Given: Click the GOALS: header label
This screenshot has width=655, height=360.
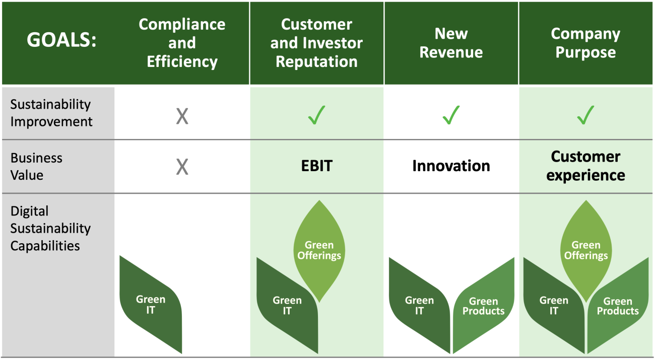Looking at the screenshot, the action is click(x=61, y=40).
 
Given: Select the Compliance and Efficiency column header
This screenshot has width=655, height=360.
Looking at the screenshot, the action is click(x=182, y=43).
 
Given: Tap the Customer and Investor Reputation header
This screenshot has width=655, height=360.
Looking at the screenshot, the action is click(x=316, y=43).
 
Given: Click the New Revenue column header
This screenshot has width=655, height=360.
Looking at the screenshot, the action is click(x=451, y=43).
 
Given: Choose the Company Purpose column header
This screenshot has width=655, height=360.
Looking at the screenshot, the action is click(x=585, y=43).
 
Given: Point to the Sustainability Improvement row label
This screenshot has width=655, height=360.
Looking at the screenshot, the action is click(x=51, y=113).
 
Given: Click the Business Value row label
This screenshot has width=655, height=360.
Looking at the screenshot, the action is click(x=36, y=167).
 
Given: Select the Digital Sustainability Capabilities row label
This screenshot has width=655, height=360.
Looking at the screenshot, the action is click(x=50, y=229).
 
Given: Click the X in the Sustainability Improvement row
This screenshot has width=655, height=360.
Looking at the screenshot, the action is click(x=182, y=116).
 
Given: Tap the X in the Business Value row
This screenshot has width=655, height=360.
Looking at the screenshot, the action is click(x=182, y=167).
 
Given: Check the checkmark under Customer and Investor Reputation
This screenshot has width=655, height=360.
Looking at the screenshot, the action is click(x=317, y=115).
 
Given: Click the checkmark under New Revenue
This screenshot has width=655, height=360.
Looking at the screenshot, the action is click(x=451, y=115).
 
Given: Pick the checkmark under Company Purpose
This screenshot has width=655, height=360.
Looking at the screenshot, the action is click(x=585, y=115).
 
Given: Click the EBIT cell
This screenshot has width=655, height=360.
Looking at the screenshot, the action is click(x=317, y=166).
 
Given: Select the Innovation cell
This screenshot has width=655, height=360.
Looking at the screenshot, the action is click(x=451, y=166).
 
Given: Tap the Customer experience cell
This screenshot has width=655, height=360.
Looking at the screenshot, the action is click(x=585, y=166).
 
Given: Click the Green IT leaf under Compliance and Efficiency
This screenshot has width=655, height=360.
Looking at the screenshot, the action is click(x=151, y=305).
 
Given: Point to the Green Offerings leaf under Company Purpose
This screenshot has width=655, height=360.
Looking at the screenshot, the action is click(x=586, y=251).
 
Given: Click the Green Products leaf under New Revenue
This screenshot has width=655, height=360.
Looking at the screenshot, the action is click(x=484, y=306).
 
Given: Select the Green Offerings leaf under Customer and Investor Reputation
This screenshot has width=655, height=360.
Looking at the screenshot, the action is click(x=319, y=251).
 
